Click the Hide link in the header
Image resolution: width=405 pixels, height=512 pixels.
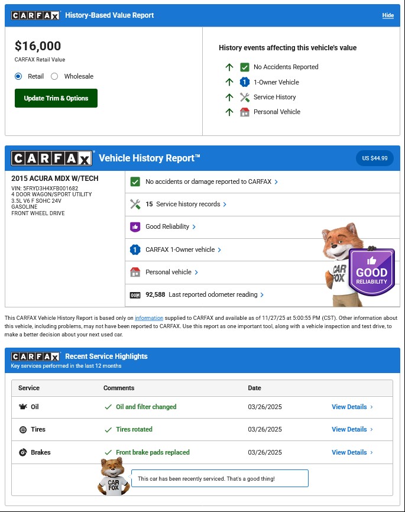click(388, 15)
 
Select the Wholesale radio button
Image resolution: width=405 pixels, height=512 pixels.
click(54, 76)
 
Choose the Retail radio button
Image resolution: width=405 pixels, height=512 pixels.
click(18, 76)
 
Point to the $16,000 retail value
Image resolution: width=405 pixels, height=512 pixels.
click(38, 46)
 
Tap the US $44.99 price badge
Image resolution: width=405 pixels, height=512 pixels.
click(374, 158)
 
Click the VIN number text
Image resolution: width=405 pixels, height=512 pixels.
click(44, 189)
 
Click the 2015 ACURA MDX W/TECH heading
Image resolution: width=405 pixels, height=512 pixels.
click(55, 179)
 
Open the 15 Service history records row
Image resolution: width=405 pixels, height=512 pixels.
click(186, 204)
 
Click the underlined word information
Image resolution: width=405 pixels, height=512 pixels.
click(149, 318)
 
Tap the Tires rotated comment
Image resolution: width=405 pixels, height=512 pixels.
click(134, 429)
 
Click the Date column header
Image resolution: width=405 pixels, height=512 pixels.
click(254, 388)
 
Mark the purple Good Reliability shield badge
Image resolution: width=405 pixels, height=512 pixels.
click(371, 271)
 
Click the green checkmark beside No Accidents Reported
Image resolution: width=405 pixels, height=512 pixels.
click(245, 67)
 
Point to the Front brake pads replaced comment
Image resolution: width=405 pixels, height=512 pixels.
click(153, 452)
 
